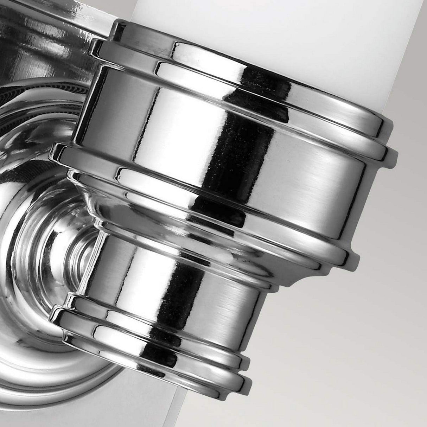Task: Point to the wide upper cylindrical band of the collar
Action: tap(281, 141)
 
